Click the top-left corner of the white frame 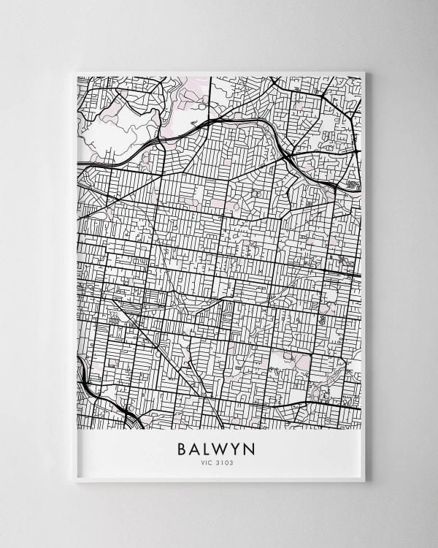[x=75, y=72]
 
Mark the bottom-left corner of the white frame [x=75, y=482]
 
